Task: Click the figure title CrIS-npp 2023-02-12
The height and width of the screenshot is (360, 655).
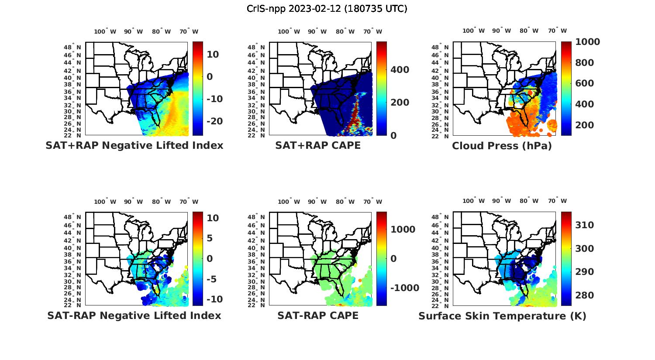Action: point(327,8)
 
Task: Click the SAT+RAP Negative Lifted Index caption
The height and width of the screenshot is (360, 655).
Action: point(134,145)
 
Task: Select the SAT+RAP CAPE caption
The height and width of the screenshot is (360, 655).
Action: point(318,145)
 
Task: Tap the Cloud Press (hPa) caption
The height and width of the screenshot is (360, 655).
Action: point(502,146)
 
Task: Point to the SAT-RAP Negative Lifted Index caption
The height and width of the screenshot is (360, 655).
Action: point(134,315)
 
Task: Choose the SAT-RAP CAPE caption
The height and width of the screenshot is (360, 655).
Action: point(318,315)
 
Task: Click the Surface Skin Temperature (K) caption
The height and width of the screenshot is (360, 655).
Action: point(502,315)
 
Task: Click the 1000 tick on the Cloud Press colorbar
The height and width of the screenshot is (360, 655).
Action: point(587,42)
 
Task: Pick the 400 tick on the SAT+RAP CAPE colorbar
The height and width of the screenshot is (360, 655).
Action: point(400,70)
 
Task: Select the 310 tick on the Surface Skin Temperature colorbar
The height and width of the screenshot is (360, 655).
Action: point(584,225)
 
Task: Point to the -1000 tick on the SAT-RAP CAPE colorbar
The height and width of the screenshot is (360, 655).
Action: point(404,288)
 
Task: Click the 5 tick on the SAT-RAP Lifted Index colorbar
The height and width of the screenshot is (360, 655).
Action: point(209,238)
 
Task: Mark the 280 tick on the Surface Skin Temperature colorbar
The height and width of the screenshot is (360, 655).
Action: point(584,295)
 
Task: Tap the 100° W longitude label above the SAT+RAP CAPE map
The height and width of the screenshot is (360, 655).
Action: point(289,31)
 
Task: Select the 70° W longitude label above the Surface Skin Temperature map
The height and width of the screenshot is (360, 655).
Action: point(557,201)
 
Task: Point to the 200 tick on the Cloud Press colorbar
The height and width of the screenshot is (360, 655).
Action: point(584,125)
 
